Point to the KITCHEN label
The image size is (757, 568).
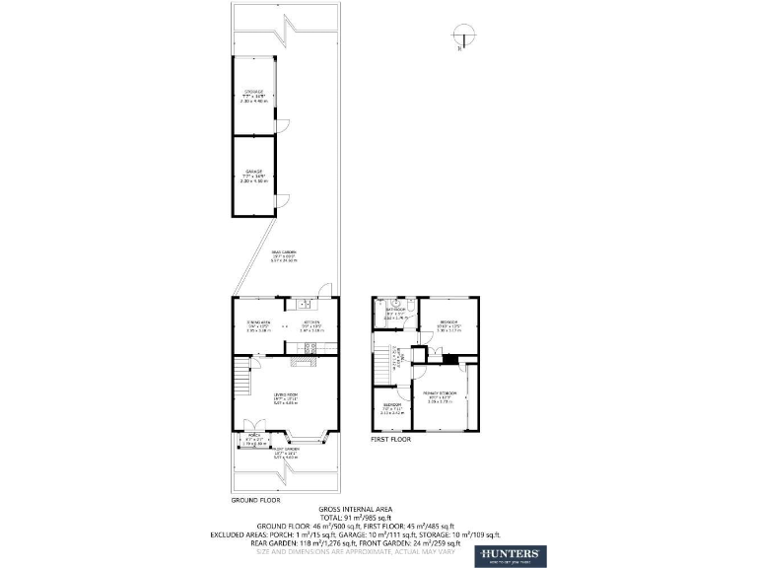[311, 322]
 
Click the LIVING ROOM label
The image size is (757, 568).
[286, 394]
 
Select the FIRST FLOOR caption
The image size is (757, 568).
[391, 440]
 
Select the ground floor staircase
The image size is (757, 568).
[242, 374]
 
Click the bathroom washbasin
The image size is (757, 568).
[378, 319]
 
